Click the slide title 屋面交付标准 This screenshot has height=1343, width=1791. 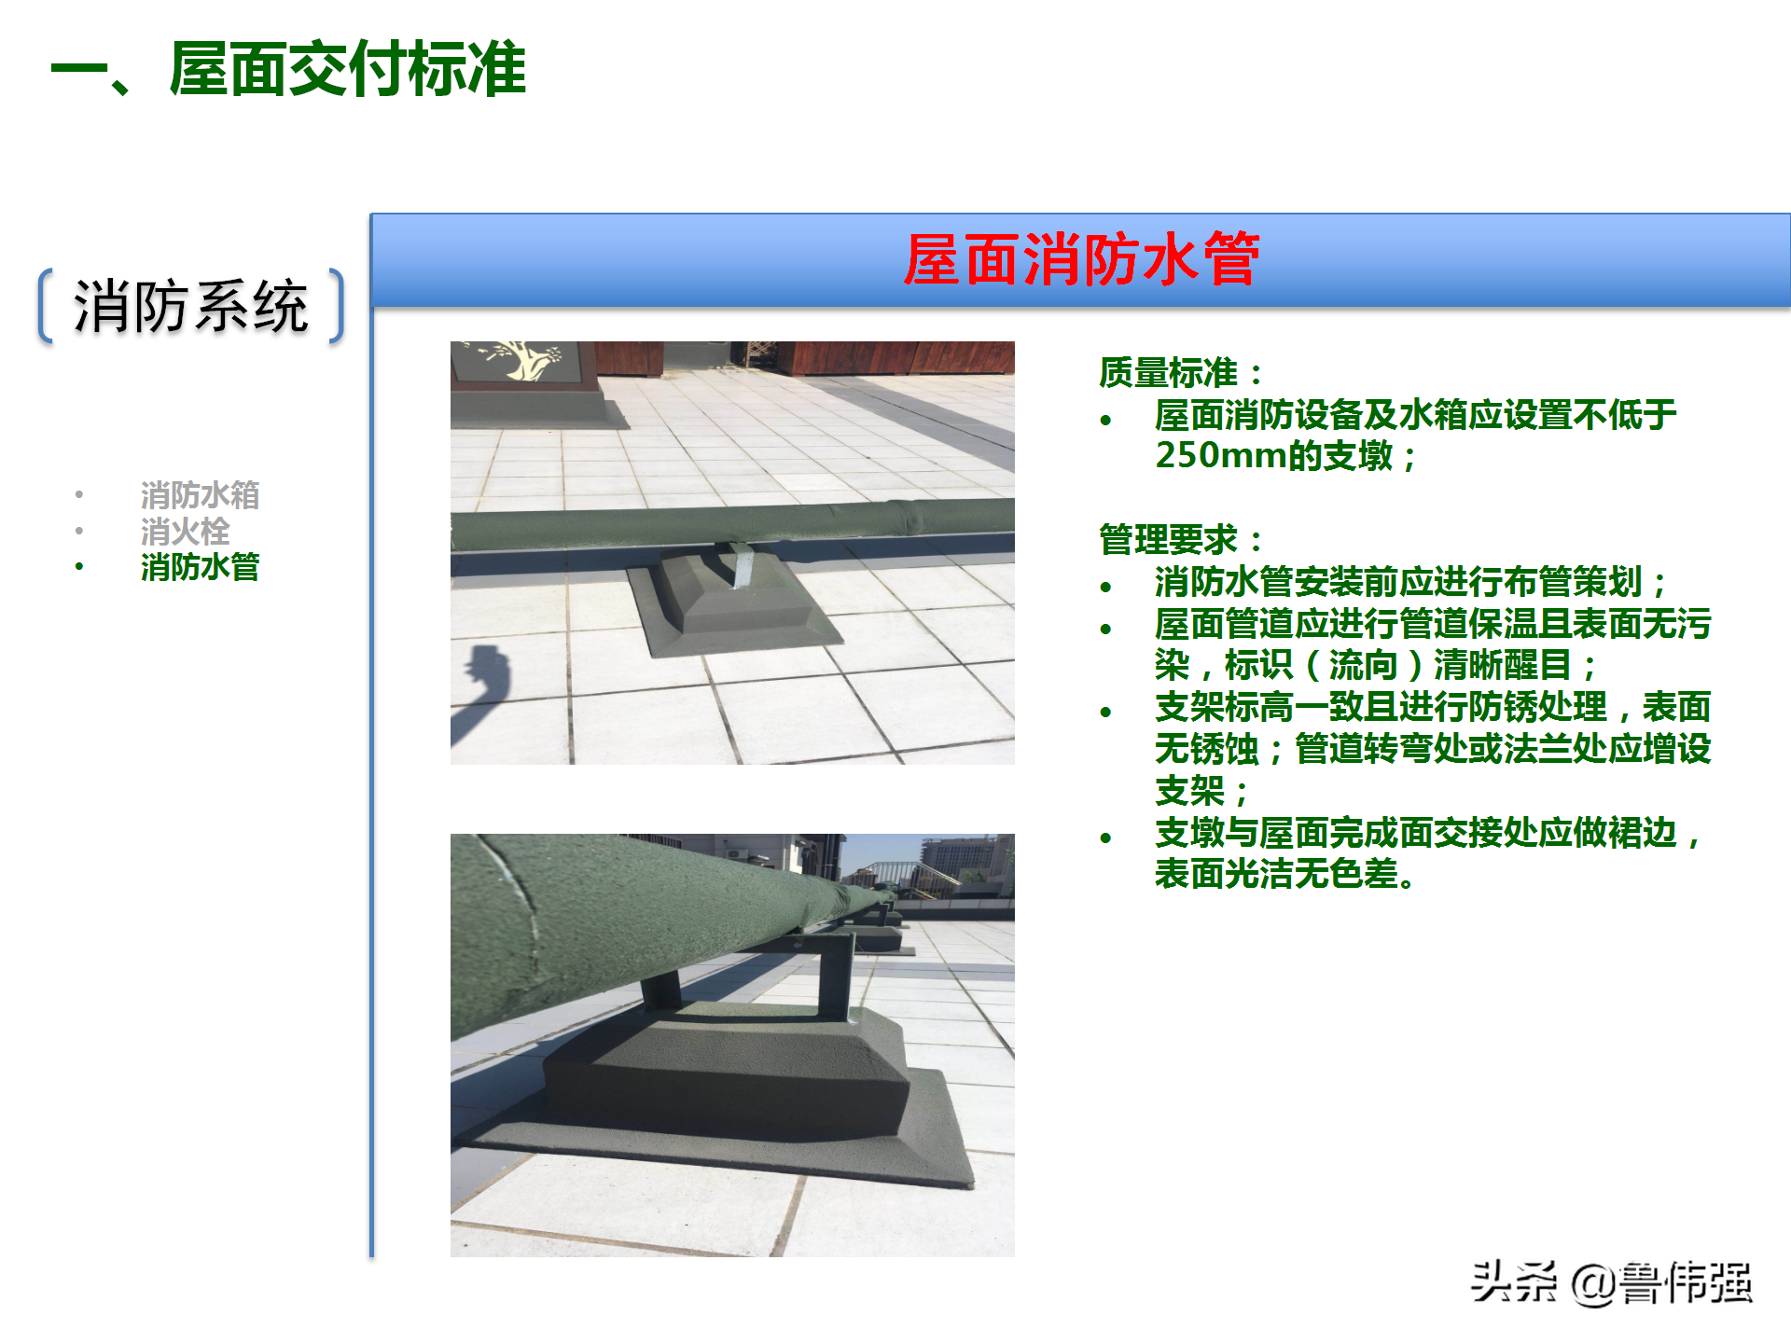(347, 70)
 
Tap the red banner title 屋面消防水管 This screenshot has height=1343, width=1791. (1081, 259)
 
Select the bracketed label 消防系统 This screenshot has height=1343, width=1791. (191, 306)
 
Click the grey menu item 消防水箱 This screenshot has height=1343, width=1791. (200, 495)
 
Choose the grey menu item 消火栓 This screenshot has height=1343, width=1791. (185, 532)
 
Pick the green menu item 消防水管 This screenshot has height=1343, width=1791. (200, 567)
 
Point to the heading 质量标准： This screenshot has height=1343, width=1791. (1180, 373)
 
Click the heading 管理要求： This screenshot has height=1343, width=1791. (1180, 540)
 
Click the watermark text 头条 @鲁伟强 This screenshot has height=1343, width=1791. (1611, 1283)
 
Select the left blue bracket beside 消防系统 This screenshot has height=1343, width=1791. (45, 306)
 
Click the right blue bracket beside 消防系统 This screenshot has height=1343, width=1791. (338, 306)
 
